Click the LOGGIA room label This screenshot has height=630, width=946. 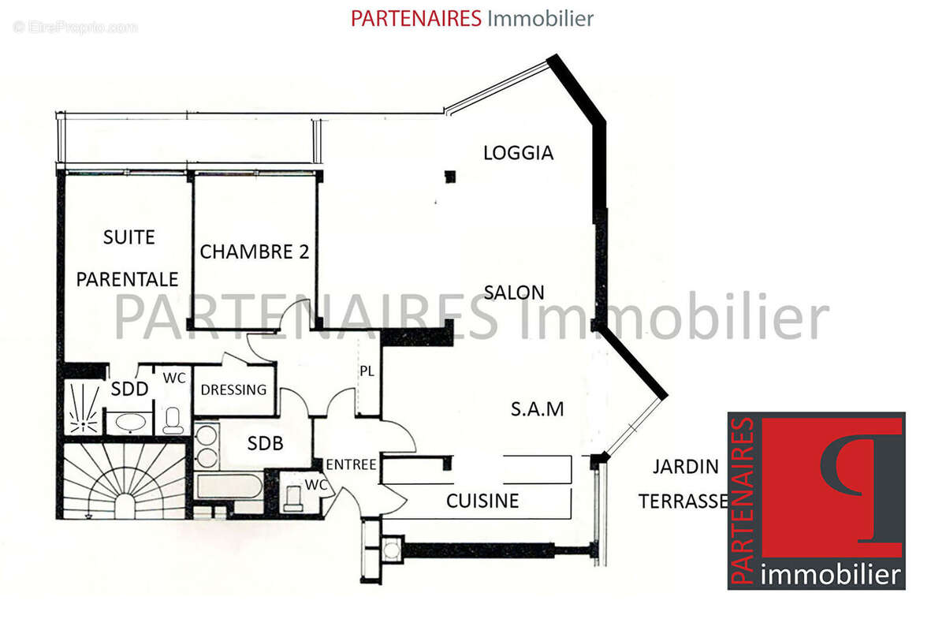pos(518,152)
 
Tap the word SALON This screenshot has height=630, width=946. pos(514,292)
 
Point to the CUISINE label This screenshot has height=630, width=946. pos(482,500)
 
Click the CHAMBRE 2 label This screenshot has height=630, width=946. pos(254,252)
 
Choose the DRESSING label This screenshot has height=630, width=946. pos(233,390)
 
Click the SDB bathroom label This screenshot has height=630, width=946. pos(265,444)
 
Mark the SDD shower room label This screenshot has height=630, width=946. pos(129,389)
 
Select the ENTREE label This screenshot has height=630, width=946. pos(351,464)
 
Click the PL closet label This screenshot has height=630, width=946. pos(367,371)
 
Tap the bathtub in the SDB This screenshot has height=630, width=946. pos(228,486)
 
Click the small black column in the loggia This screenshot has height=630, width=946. pos(450,177)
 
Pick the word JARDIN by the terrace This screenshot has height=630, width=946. pos(685,467)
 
